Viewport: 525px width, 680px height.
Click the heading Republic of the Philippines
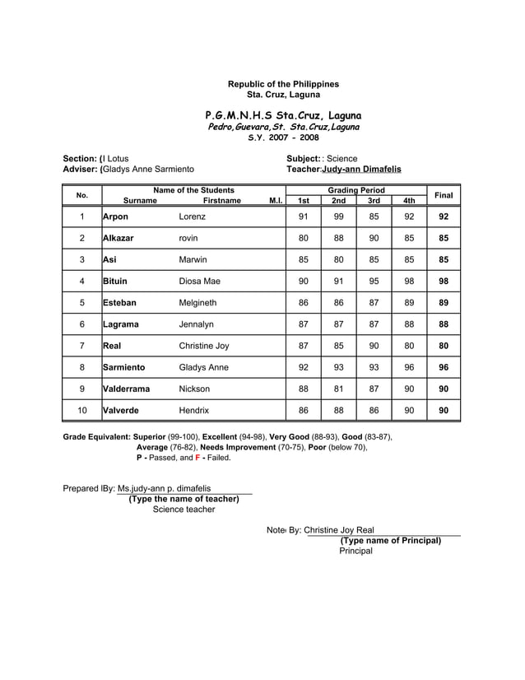tap(282, 84)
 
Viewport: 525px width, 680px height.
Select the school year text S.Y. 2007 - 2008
tap(282, 138)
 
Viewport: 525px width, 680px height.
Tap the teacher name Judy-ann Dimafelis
tap(361, 169)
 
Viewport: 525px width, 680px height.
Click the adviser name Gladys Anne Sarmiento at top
tap(149, 169)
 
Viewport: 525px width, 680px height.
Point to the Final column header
tap(444, 195)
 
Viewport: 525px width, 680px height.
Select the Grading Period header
tap(355, 190)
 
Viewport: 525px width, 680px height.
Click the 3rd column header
tap(374, 201)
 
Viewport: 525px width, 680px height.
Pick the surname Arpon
tap(116, 217)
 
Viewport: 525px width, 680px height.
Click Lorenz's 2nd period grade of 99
tap(338, 217)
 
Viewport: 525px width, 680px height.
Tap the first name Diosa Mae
tap(199, 281)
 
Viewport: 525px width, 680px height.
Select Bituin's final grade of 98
tap(444, 281)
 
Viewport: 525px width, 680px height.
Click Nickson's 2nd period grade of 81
tap(338, 389)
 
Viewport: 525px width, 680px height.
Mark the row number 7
tap(82, 346)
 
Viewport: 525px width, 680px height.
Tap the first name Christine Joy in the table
tap(204, 346)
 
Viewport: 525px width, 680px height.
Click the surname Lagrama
tap(123, 324)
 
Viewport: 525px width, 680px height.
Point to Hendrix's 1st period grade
tap(304, 410)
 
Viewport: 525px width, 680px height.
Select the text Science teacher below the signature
tap(184, 510)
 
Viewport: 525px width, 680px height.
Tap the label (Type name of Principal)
tap(391, 541)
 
